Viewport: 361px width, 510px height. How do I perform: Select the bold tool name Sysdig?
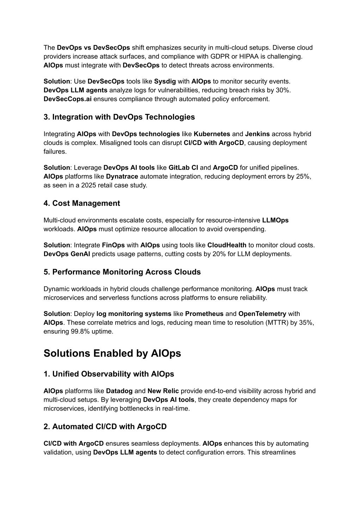click(165, 81)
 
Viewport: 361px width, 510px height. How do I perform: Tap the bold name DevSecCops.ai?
click(67, 99)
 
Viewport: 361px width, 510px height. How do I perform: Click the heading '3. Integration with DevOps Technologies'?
click(119, 117)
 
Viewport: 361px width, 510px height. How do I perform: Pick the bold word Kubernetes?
click(212, 134)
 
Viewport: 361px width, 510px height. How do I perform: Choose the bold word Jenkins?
click(257, 134)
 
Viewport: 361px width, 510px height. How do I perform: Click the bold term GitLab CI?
click(183, 168)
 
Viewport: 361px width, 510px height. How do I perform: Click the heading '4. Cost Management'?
click(82, 204)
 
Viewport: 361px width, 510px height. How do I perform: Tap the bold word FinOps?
click(114, 245)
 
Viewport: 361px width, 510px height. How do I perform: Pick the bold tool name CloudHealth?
click(227, 245)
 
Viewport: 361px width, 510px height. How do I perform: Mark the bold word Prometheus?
click(204, 314)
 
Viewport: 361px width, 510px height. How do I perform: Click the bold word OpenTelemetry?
click(262, 314)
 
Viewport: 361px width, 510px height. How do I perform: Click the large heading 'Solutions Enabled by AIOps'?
click(112, 353)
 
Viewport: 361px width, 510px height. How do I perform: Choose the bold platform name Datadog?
click(119, 391)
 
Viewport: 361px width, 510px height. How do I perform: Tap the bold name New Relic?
click(163, 391)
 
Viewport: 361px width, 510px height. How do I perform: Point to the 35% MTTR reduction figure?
click(305, 323)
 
